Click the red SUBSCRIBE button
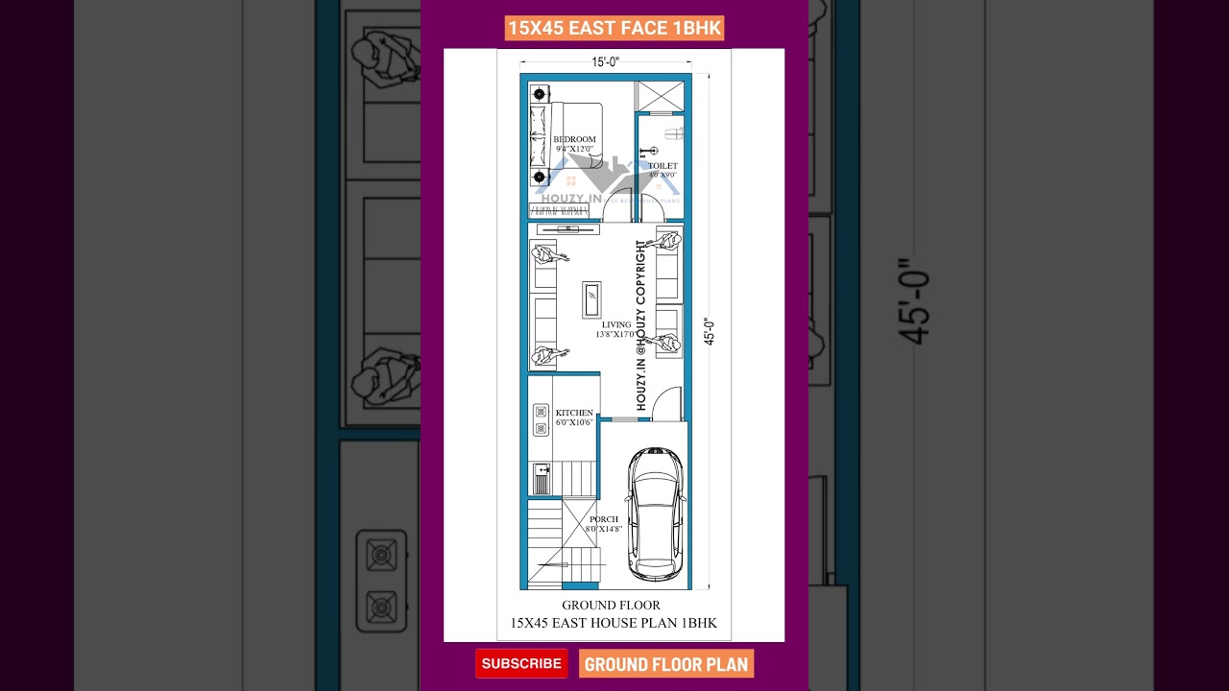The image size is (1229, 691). pyautogui.click(x=521, y=663)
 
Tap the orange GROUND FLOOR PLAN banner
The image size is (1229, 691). pyautogui.click(x=665, y=664)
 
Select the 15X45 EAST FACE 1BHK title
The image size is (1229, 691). pyautogui.click(x=614, y=29)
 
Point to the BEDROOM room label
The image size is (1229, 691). pyautogui.click(x=574, y=140)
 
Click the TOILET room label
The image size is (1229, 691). pyautogui.click(x=663, y=167)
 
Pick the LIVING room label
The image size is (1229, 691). pyautogui.click(x=616, y=325)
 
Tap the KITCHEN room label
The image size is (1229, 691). pyautogui.click(x=574, y=414)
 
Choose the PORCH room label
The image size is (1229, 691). pyautogui.click(x=604, y=520)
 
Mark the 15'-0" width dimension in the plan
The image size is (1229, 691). pyautogui.click(x=605, y=62)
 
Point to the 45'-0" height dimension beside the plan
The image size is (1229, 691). pyautogui.click(x=710, y=331)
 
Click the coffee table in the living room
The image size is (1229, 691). pyautogui.click(x=591, y=299)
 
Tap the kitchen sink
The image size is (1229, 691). pyautogui.click(x=542, y=478)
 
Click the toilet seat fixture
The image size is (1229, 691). pyautogui.click(x=674, y=132)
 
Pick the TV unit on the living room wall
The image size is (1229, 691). pyautogui.click(x=567, y=229)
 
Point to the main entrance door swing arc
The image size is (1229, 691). pyautogui.click(x=666, y=404)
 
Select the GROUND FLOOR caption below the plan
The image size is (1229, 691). pyautogui.click(x=611, y=606)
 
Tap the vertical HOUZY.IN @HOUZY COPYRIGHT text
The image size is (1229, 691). pyautogui.click(x=641, y=325)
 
